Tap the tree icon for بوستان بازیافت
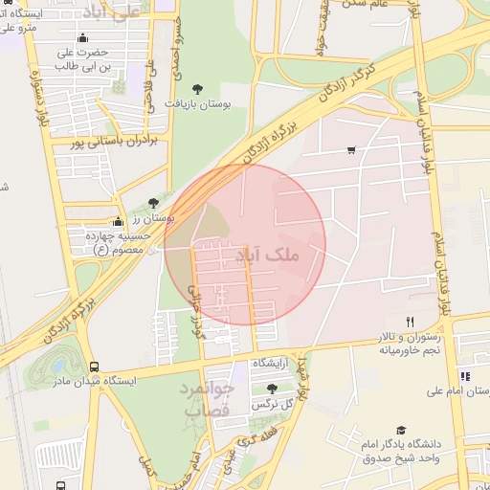point(198,88)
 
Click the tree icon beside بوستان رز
point(154,202)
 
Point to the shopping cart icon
point(352,150)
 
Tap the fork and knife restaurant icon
point(410,322)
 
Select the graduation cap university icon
point(401,431)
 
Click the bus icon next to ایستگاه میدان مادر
point(94,366)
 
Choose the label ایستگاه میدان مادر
point(94,381)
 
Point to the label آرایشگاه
point(272,365)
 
